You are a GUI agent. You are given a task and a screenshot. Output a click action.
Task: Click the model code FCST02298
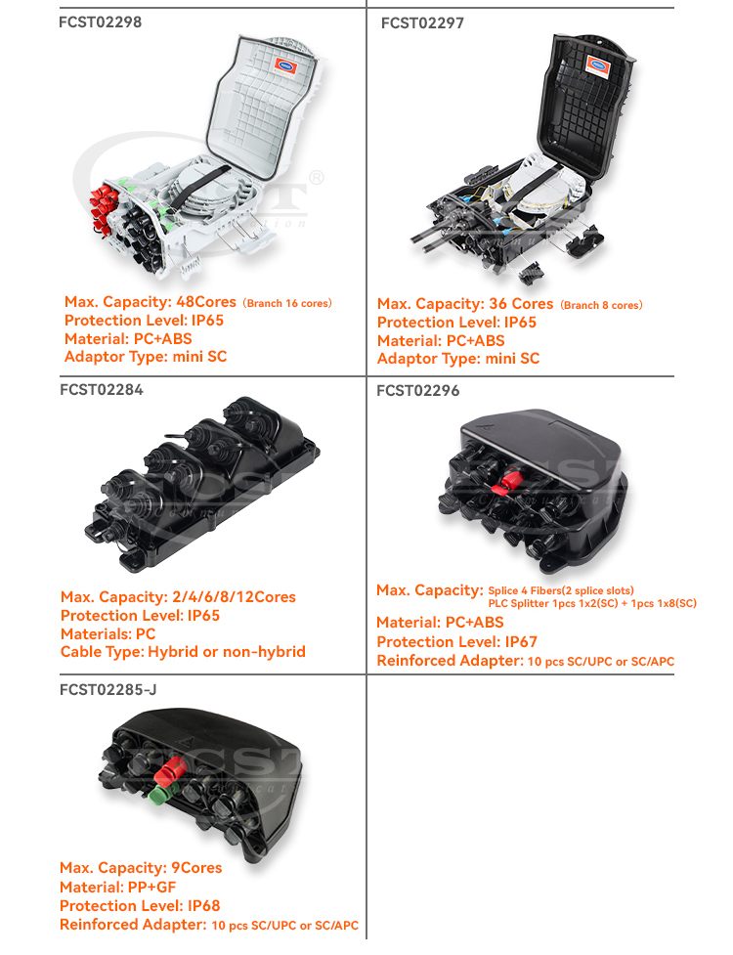pyautogui.click(x=100, y=22)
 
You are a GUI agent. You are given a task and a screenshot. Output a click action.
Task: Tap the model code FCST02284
pyautogui.click(x=101, y=389)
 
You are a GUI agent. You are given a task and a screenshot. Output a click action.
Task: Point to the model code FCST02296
pyautogui.click(x=417, y=391)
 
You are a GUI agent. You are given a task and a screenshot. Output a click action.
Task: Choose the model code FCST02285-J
pyautogui.click(x=108, y=689)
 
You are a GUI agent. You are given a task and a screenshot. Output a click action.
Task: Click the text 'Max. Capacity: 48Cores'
pyautogui.click(x=151, y=302)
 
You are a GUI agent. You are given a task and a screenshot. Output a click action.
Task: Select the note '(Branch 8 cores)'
pyautogui.click(x=601, y=305)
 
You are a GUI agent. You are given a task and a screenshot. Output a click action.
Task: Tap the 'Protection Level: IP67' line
pyautogui.click(x=456, y=641)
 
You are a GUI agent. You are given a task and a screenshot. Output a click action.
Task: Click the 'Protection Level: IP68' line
pyautogui.click(x=140, y=905)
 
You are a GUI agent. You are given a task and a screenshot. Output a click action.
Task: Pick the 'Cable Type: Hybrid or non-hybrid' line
pyautogui.click(x=183, y=652)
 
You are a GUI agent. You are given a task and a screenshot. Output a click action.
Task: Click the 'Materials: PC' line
pyautogui.click(x=108, y=633)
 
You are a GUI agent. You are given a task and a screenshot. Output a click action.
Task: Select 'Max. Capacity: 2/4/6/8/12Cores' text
pyautogui.click(x=178, y=596)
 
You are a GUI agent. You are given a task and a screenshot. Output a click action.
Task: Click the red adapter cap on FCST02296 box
pyautogui.click(x=507, y=481)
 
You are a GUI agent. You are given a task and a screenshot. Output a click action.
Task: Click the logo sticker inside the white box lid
pyautogui.click(x=287, y=65)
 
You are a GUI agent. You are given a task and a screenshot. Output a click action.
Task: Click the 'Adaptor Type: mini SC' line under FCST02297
pyautogui.click(x=457, y=359)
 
